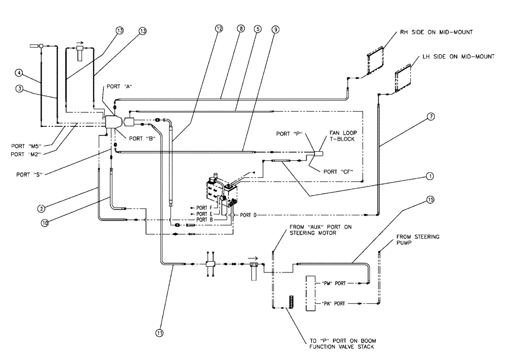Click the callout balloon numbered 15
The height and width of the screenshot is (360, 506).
click(x=431, y=200)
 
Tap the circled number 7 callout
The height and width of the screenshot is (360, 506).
click(x=431, y=116)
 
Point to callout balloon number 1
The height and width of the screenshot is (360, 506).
click(x=430, y=176)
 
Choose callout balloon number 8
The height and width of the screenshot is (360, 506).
click(x=241, y=29)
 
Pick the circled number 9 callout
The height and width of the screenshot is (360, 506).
click(x=275, y=29)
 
